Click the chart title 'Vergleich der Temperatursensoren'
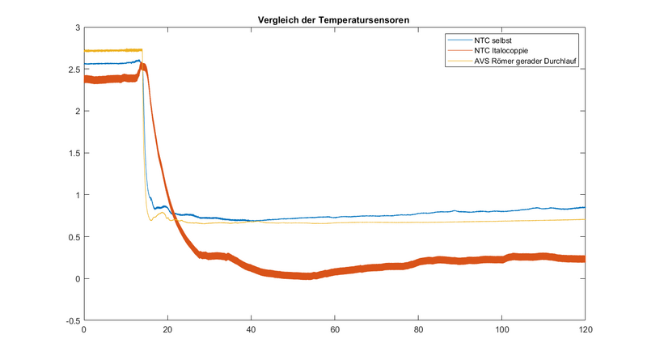pos(333,19)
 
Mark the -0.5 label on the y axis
pos(71,320)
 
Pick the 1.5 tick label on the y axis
pos(73,153)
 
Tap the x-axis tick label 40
pos(251,329)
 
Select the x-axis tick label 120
pos(585,329)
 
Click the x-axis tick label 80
pos(418,329)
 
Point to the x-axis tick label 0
pos(84,329)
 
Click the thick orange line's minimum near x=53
pos(306,276)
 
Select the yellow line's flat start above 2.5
pos(113,50)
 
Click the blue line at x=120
pos(584,208)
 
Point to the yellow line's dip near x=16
pos(150,219)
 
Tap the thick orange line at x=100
pos(501,260)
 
